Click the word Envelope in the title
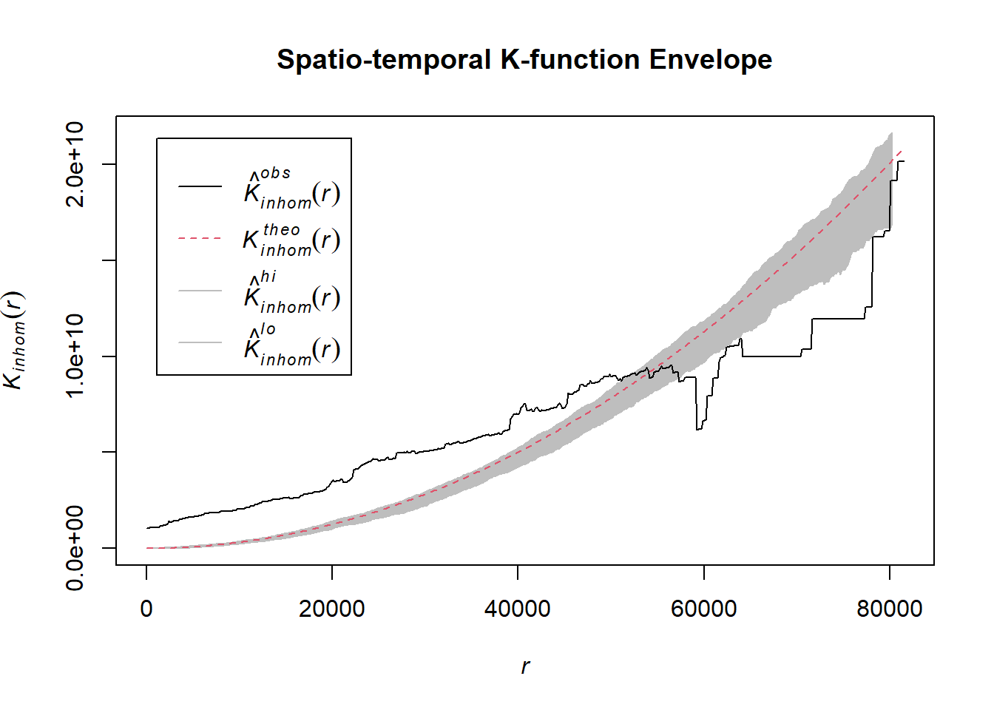[x=710, y=60]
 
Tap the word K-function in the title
[x=569, y=60]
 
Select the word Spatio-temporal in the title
[x=384, y=60]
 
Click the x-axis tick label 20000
[x=332, y=609]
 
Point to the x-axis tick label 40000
[x=518, y=609]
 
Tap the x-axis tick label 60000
[x=703, y=609]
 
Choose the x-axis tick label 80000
[x=890, y=609]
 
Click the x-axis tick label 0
[x=146, y=609]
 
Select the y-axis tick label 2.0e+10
[x=75, y=164]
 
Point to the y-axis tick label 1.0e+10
[x=75, y=356]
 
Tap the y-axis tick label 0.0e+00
[x=75, y=548]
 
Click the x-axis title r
[x=525, y=666]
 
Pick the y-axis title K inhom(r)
[x=15, y=340]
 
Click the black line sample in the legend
[x=200, y=186]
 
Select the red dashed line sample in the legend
[x=200, y=239]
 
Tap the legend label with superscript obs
[x=291, y=188]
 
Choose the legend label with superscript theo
[x=291, y=240]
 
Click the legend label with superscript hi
[x=291, y=292]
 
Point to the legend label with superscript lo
[x=291, y=345]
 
